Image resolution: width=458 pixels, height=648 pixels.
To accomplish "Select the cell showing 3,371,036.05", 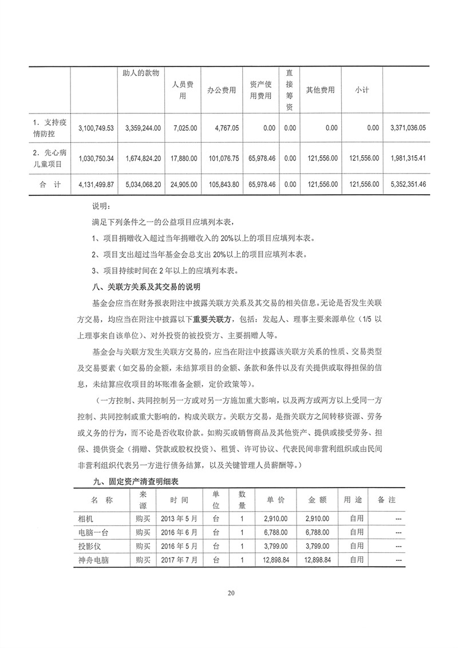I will pos(408,129).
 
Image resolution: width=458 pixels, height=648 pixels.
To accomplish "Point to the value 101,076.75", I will pos(222,158).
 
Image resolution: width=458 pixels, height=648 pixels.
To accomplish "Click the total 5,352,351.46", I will pos(408,184).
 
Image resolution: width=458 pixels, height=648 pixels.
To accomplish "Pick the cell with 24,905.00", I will pos(183,184).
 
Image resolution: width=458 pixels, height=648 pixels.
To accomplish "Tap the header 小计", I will pos(361,91).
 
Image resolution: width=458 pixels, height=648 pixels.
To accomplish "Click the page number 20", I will pos(231,593).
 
